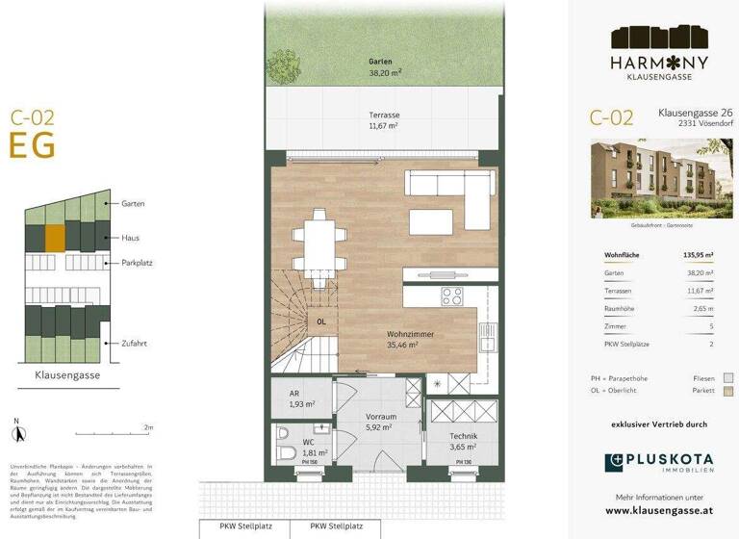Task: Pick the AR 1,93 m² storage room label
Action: [302, 400]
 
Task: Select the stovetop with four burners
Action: [451, 296]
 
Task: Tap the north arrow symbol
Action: [16, 426]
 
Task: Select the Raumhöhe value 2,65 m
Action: [703, 308]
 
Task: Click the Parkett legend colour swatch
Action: [728, 392]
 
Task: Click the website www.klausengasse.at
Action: [659, 511]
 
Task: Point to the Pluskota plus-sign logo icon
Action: [613, 462]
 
